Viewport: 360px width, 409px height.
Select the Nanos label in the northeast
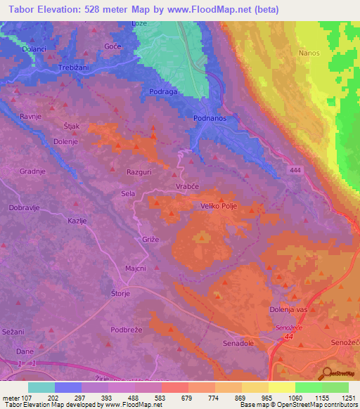pos(309,53)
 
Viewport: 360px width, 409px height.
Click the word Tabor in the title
pos(24,9)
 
